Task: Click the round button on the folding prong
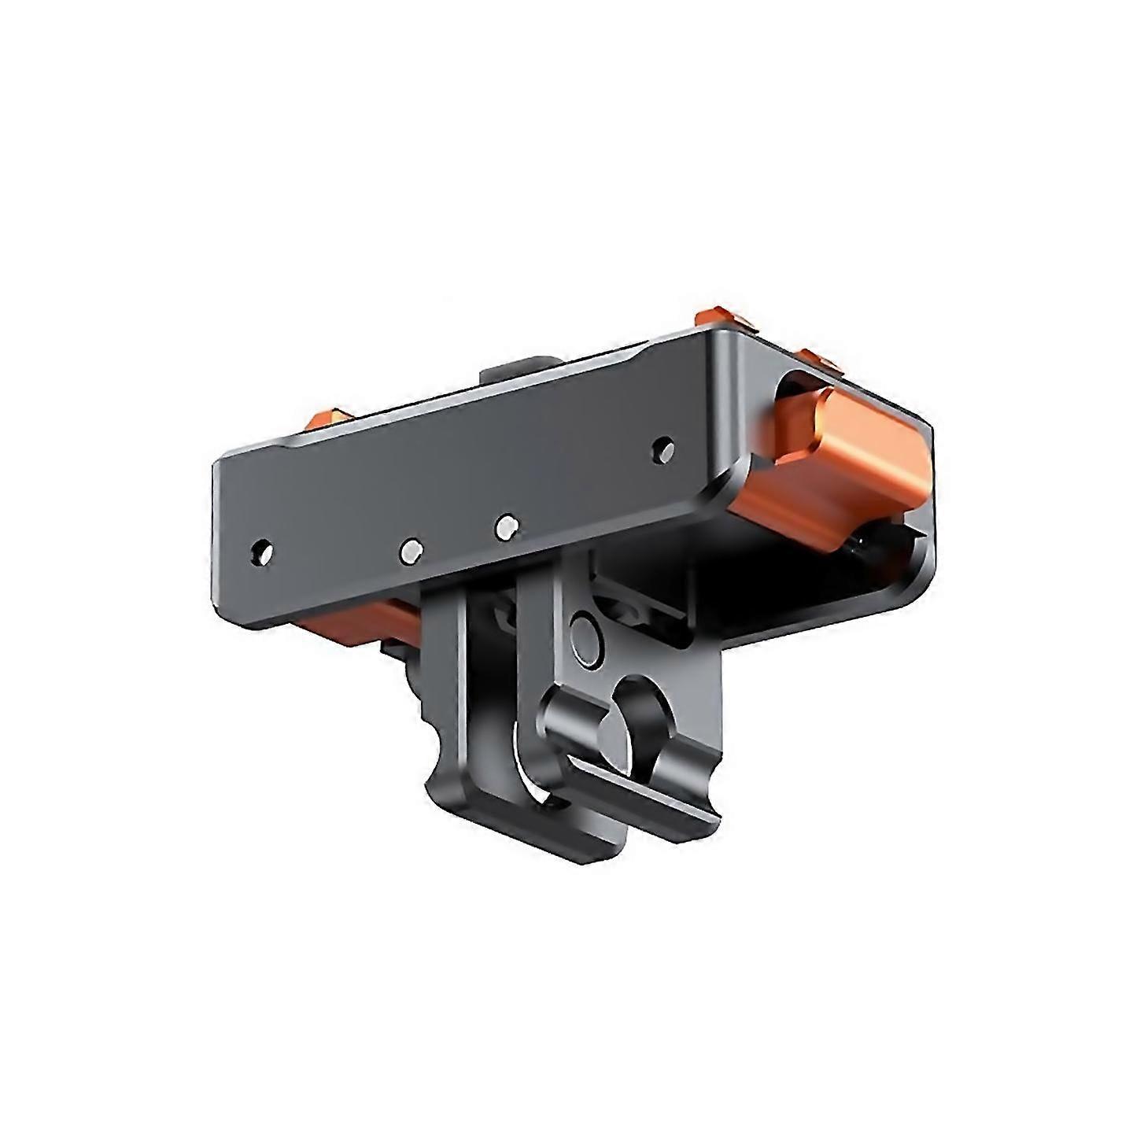[x=585, y=630]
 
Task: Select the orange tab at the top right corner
[x=718, y=318]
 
